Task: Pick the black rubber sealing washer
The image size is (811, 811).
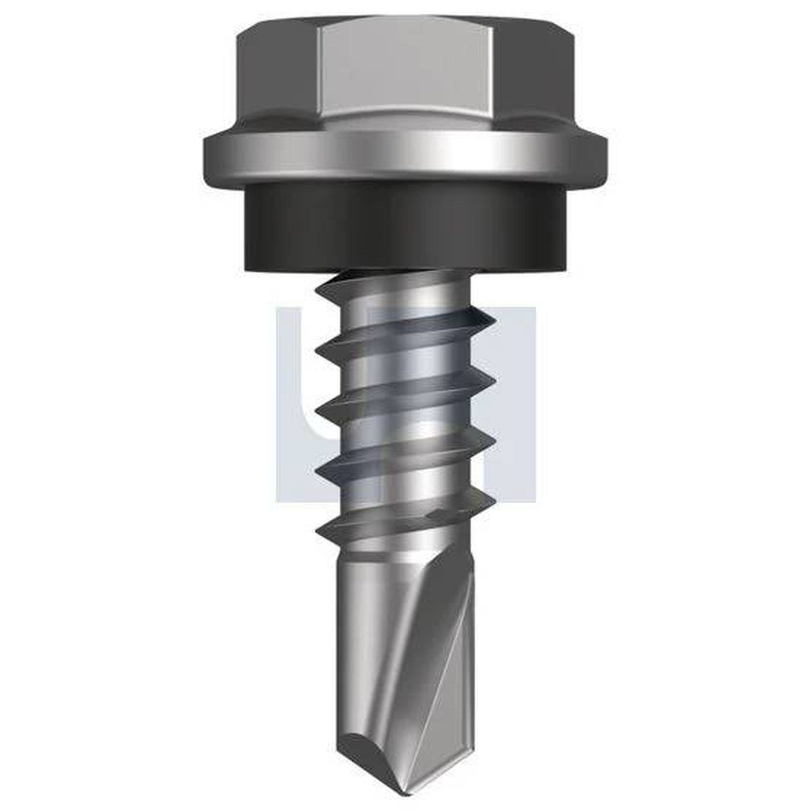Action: coord(405,227)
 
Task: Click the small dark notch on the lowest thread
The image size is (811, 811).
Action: coord(436,513)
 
